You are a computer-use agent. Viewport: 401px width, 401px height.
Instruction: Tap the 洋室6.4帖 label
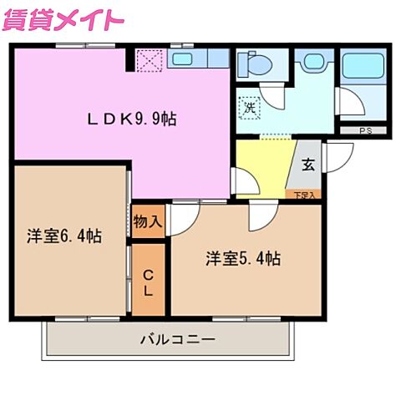coord(63,236)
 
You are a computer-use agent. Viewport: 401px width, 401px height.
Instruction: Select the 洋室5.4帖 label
coord(243,258)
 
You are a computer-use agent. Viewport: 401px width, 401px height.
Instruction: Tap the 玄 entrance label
coord(307,165)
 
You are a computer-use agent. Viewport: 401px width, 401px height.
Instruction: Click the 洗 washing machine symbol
coord(248,107)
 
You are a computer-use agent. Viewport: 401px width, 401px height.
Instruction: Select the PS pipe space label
coord(365,131)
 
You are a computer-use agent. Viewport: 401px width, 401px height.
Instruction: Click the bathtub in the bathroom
coord(361,65)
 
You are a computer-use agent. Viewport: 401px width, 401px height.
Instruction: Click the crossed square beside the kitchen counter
coord(150,59)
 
